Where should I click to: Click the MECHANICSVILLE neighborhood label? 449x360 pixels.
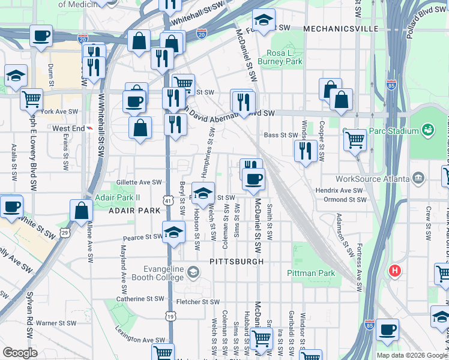(x=340, y=28)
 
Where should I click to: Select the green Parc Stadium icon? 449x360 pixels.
(x=428, y=130)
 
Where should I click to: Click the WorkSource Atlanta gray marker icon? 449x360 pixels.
(x=419, y=178)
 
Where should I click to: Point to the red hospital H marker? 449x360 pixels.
(x=394, y=271)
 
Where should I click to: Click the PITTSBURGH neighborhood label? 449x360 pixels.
(x=237, y=262)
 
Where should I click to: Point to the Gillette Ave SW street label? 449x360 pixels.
(x=139, y=182)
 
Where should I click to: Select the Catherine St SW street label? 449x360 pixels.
(x=140, y=298)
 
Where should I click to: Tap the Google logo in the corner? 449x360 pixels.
(x=20, y=353)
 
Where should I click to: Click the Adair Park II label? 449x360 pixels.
(x=116, y=197)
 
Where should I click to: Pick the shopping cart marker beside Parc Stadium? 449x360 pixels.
(x=355, y=140)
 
